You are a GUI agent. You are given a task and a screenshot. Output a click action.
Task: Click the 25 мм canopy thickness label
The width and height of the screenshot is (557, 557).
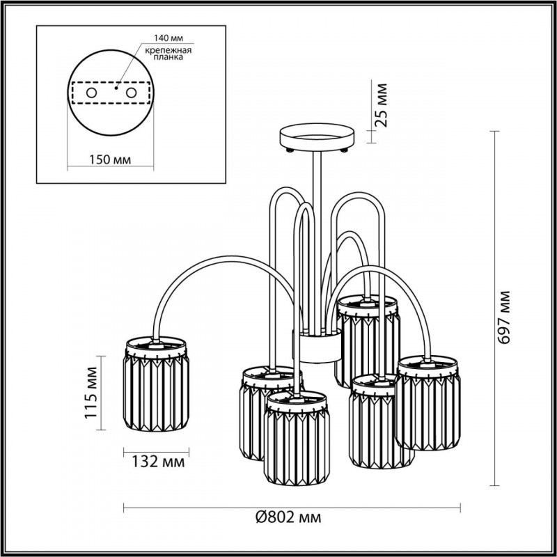[380, 104]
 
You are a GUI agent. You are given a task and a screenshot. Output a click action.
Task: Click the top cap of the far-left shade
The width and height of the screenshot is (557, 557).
[157, 344]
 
